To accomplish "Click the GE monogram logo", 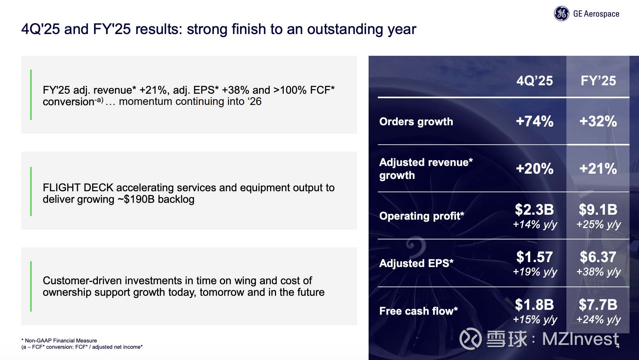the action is coord(561,14).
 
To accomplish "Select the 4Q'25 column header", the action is coord(534,81).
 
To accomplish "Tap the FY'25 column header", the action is coord(598,81).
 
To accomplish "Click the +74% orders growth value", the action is coord(534,121).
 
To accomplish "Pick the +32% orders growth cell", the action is coord(598,121).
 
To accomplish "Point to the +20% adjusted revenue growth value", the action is coord(534,169).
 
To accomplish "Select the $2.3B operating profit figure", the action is coord(534,209).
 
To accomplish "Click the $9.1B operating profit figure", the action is coord(598,209).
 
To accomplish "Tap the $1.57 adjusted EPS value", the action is coord(534,257).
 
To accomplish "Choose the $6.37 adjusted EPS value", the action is coord(598,257).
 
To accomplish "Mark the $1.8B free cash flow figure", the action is coord(534,305).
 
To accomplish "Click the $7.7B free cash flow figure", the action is coord(598,305).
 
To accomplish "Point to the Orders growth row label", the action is coord(416,121).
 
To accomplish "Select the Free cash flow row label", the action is coord(418,311).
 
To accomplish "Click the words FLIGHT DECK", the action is coord(78,188).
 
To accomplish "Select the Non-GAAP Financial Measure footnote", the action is coord(59,341).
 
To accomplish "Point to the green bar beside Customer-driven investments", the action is coord(31,286).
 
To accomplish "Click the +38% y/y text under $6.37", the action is coord(598,272).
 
